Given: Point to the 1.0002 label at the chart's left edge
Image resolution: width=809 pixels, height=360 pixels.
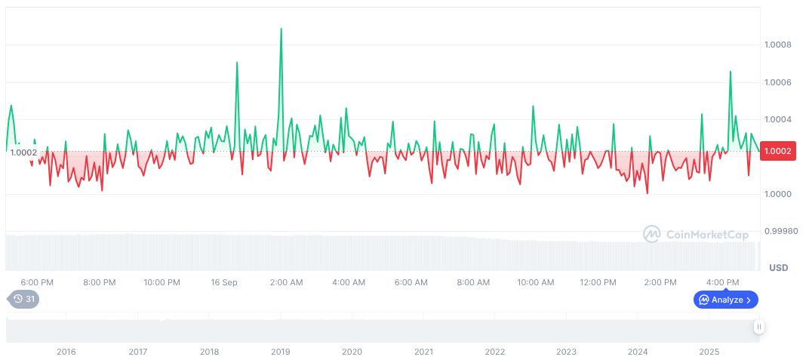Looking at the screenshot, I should [x=23, y=152].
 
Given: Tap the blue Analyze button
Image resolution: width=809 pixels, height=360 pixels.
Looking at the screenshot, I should [x=725, y=300].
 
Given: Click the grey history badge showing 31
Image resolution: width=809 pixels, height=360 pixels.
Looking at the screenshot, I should [x=24, y=300].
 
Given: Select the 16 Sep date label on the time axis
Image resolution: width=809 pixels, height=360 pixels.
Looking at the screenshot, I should [x=224, y=282].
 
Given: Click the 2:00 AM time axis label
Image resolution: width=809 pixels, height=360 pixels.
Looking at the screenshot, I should [x=287, y=282].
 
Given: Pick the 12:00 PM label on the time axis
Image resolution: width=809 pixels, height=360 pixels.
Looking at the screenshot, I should [x=598, y=282].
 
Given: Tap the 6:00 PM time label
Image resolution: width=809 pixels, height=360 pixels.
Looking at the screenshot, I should [x=37, y=282].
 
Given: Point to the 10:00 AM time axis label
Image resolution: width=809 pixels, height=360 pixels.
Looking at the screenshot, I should [x=536, y=282].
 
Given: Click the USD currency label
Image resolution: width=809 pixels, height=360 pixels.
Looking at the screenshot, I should [x=778, y=268].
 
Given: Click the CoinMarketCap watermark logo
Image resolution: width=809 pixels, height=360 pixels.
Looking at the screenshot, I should [x=697, y=235].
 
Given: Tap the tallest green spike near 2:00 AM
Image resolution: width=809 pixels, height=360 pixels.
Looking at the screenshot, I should [x=281, y=29].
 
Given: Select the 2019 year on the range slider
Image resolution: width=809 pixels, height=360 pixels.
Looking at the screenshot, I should [x=281, y=352].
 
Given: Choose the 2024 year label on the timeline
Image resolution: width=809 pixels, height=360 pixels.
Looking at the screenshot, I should [x=638, y=352].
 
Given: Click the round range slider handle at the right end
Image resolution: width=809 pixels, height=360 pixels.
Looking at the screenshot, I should [x=758, y=327].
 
